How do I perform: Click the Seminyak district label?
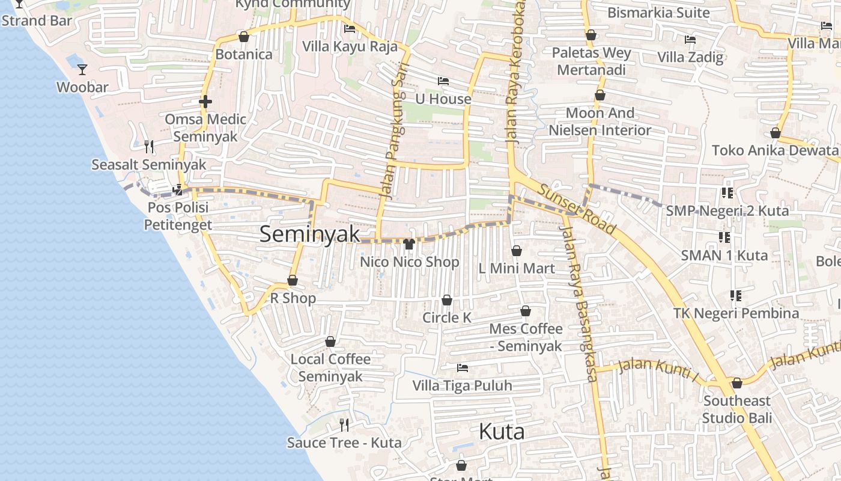tap(309, 234)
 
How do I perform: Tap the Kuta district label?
tap(502, 431)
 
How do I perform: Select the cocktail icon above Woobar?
tap(82, 70)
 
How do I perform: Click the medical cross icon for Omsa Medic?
tap(205, 102)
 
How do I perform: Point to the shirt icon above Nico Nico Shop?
tap(410, 244)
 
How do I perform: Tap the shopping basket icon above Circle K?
tap(447, 300)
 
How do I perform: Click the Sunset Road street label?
tap(577, 209)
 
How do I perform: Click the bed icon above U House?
tap(443, 81)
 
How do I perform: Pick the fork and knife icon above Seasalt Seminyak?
tap(149, 146)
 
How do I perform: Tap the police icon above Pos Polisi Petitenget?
tap(177, 190)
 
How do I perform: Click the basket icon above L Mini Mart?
tap(517, 251)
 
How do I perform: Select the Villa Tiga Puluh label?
tap(462, 385)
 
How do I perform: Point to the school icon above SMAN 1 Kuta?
tap(724, 237)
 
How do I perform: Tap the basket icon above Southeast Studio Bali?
tap(737, 383)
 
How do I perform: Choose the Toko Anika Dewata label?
tap(774, 150)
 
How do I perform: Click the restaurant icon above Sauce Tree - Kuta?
tap(344, 425)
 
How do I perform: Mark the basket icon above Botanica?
tap(244, 37)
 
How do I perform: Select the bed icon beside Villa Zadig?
tap(690, 40)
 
